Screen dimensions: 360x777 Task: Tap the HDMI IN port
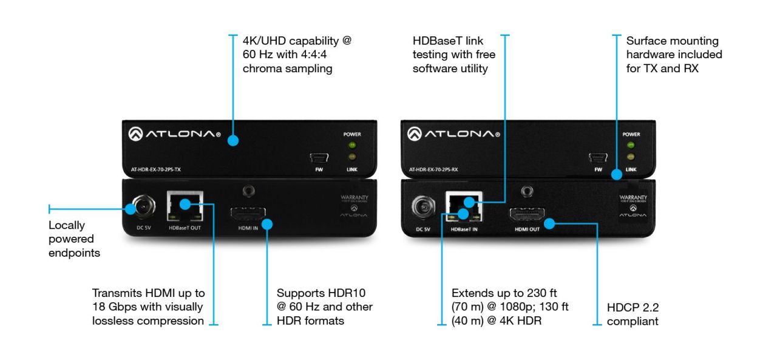(x=250, y=215)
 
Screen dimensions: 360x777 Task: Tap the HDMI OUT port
(x=527, y=216)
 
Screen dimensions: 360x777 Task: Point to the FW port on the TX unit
(x=320, y=158)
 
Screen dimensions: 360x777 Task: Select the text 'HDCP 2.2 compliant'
(x=633, y=314)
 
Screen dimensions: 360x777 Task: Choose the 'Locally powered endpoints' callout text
(x=74, y=239)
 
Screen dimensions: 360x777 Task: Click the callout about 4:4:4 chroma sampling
(x=297, y=55)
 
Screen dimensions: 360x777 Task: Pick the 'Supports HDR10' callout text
(x=324, y=307)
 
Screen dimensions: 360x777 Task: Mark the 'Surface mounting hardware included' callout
(x=674, y=55)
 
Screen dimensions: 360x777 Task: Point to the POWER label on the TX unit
(x=352, y=134)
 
